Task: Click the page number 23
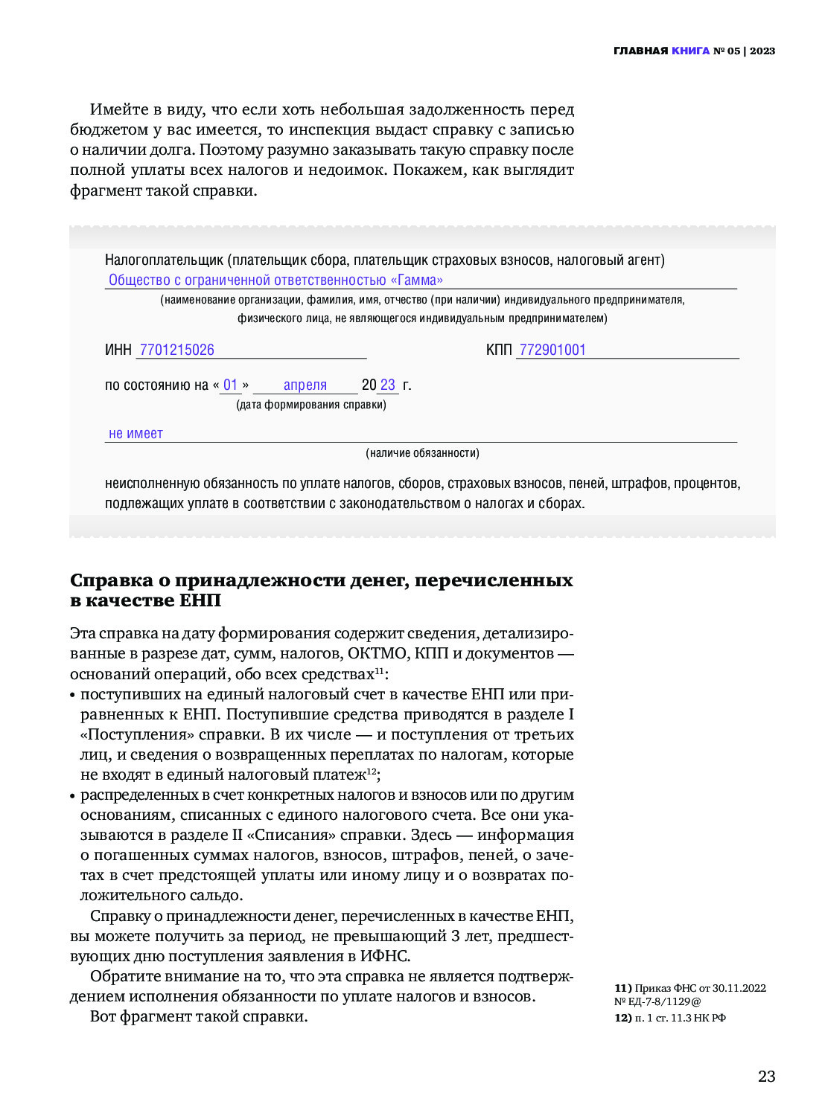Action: pyautogui.click(x=766, y=1077)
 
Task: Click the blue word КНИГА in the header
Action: pyautogui.click(x=690, y=51)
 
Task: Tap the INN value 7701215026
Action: pyautogui.click(x=176, y=350)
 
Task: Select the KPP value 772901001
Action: pyautogui.click(x=552, y=350)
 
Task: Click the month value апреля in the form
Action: pyautogui.click(x=305, y=385)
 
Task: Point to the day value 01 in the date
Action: pyautogui.click(x=230, y=385)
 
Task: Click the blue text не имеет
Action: pyautogui.click(x=136, y=434)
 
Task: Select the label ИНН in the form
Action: pyautogui.click(x=118, y=350)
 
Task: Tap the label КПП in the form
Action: pyautogui.click(x=499, y=350)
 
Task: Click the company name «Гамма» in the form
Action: pyautogui.click(x=417, y=280)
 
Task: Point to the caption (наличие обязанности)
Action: pyautogui.click(x=422, y=453)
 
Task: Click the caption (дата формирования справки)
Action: pyautogui.click(x=311, y=405)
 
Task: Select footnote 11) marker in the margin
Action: pyautogui.click(x=623, y=988)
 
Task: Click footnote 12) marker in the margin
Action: pyautogui.click(x=623, y=1018)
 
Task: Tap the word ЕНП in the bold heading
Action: pyautogui.click(x=200, y=600)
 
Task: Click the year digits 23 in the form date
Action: pyautogui.click(x=388, y=385)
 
